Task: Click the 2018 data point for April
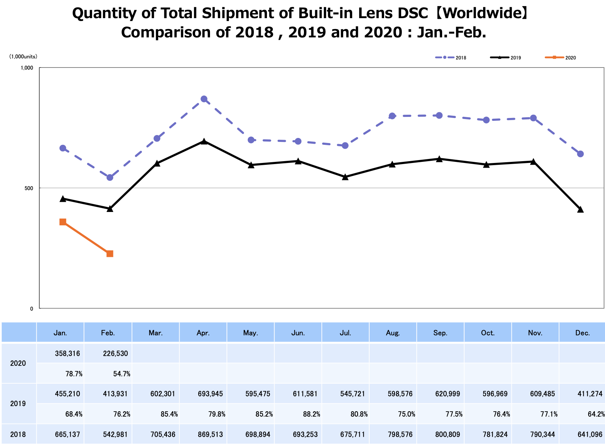coord(204,99)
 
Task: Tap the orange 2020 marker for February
coord(110,254)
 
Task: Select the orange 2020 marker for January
coord(63,222)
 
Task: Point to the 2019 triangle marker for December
coord(580,209)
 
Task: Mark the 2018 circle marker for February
coord(110,177)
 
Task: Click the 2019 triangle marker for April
coord(204,141)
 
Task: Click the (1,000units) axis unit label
coord(23,57)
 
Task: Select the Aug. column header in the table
coord(393,333)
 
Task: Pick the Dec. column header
coord(583,333)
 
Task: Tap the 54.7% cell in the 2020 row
coord(122,374)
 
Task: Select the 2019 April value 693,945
coord(210,394)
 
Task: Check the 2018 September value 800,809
coord(448,434)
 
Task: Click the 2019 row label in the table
coord(18,404)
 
